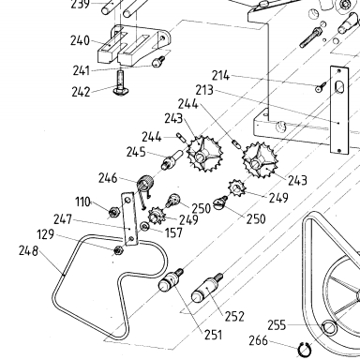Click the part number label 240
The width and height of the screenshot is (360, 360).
[80, 41]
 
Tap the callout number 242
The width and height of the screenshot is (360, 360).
[81, 92]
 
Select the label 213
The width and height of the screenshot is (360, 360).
[204, 90]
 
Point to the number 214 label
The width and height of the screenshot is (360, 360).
[221, 76]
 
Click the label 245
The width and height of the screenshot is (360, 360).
[136, 152]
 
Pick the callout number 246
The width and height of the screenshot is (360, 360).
[108, 178]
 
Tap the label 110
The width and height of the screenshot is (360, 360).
[82, 202]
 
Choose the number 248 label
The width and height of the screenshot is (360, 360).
[28, 250]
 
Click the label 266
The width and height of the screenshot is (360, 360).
[259, 340]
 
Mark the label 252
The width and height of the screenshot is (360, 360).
[234, 317]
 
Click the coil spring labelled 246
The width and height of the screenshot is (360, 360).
[145, 183]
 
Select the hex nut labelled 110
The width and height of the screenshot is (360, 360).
[113, 213]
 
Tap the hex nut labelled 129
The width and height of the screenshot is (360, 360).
[118, 250]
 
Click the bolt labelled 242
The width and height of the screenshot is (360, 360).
[120, 83]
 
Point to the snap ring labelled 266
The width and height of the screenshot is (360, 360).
[305, 350]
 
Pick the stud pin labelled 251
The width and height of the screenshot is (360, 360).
[171, 279]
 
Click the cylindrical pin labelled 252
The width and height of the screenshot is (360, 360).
[207, 288]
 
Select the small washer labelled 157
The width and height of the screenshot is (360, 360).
[144, 226]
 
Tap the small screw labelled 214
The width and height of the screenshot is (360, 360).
[321, 86]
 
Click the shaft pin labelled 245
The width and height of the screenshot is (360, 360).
[172, 159]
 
